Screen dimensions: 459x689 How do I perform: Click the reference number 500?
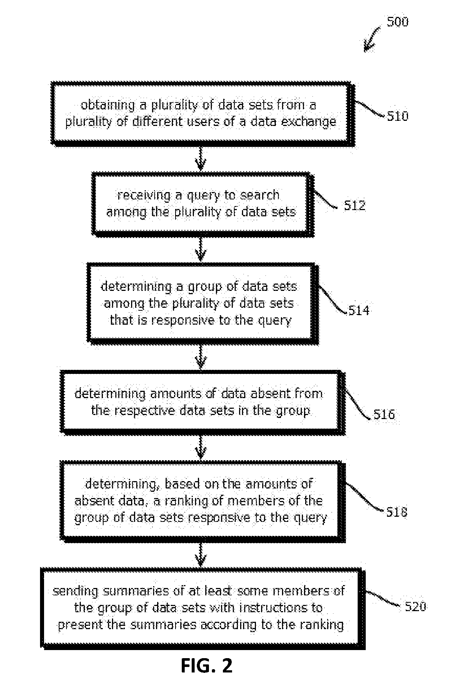coord(397,22)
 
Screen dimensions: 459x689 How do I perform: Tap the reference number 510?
coord(397,116)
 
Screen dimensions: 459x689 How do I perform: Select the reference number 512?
coord(355,205)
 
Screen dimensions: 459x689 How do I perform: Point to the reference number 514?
coord(358,311)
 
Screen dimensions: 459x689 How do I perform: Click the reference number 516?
coord(384,415)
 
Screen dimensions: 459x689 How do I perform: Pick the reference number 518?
coord(397,512)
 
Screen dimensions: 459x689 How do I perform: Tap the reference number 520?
coord(415,606)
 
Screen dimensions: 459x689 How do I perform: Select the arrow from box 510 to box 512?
coord(201,158)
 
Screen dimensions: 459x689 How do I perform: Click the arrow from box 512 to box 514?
coord(201,248)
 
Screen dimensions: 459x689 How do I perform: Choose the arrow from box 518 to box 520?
coord(201,555)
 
